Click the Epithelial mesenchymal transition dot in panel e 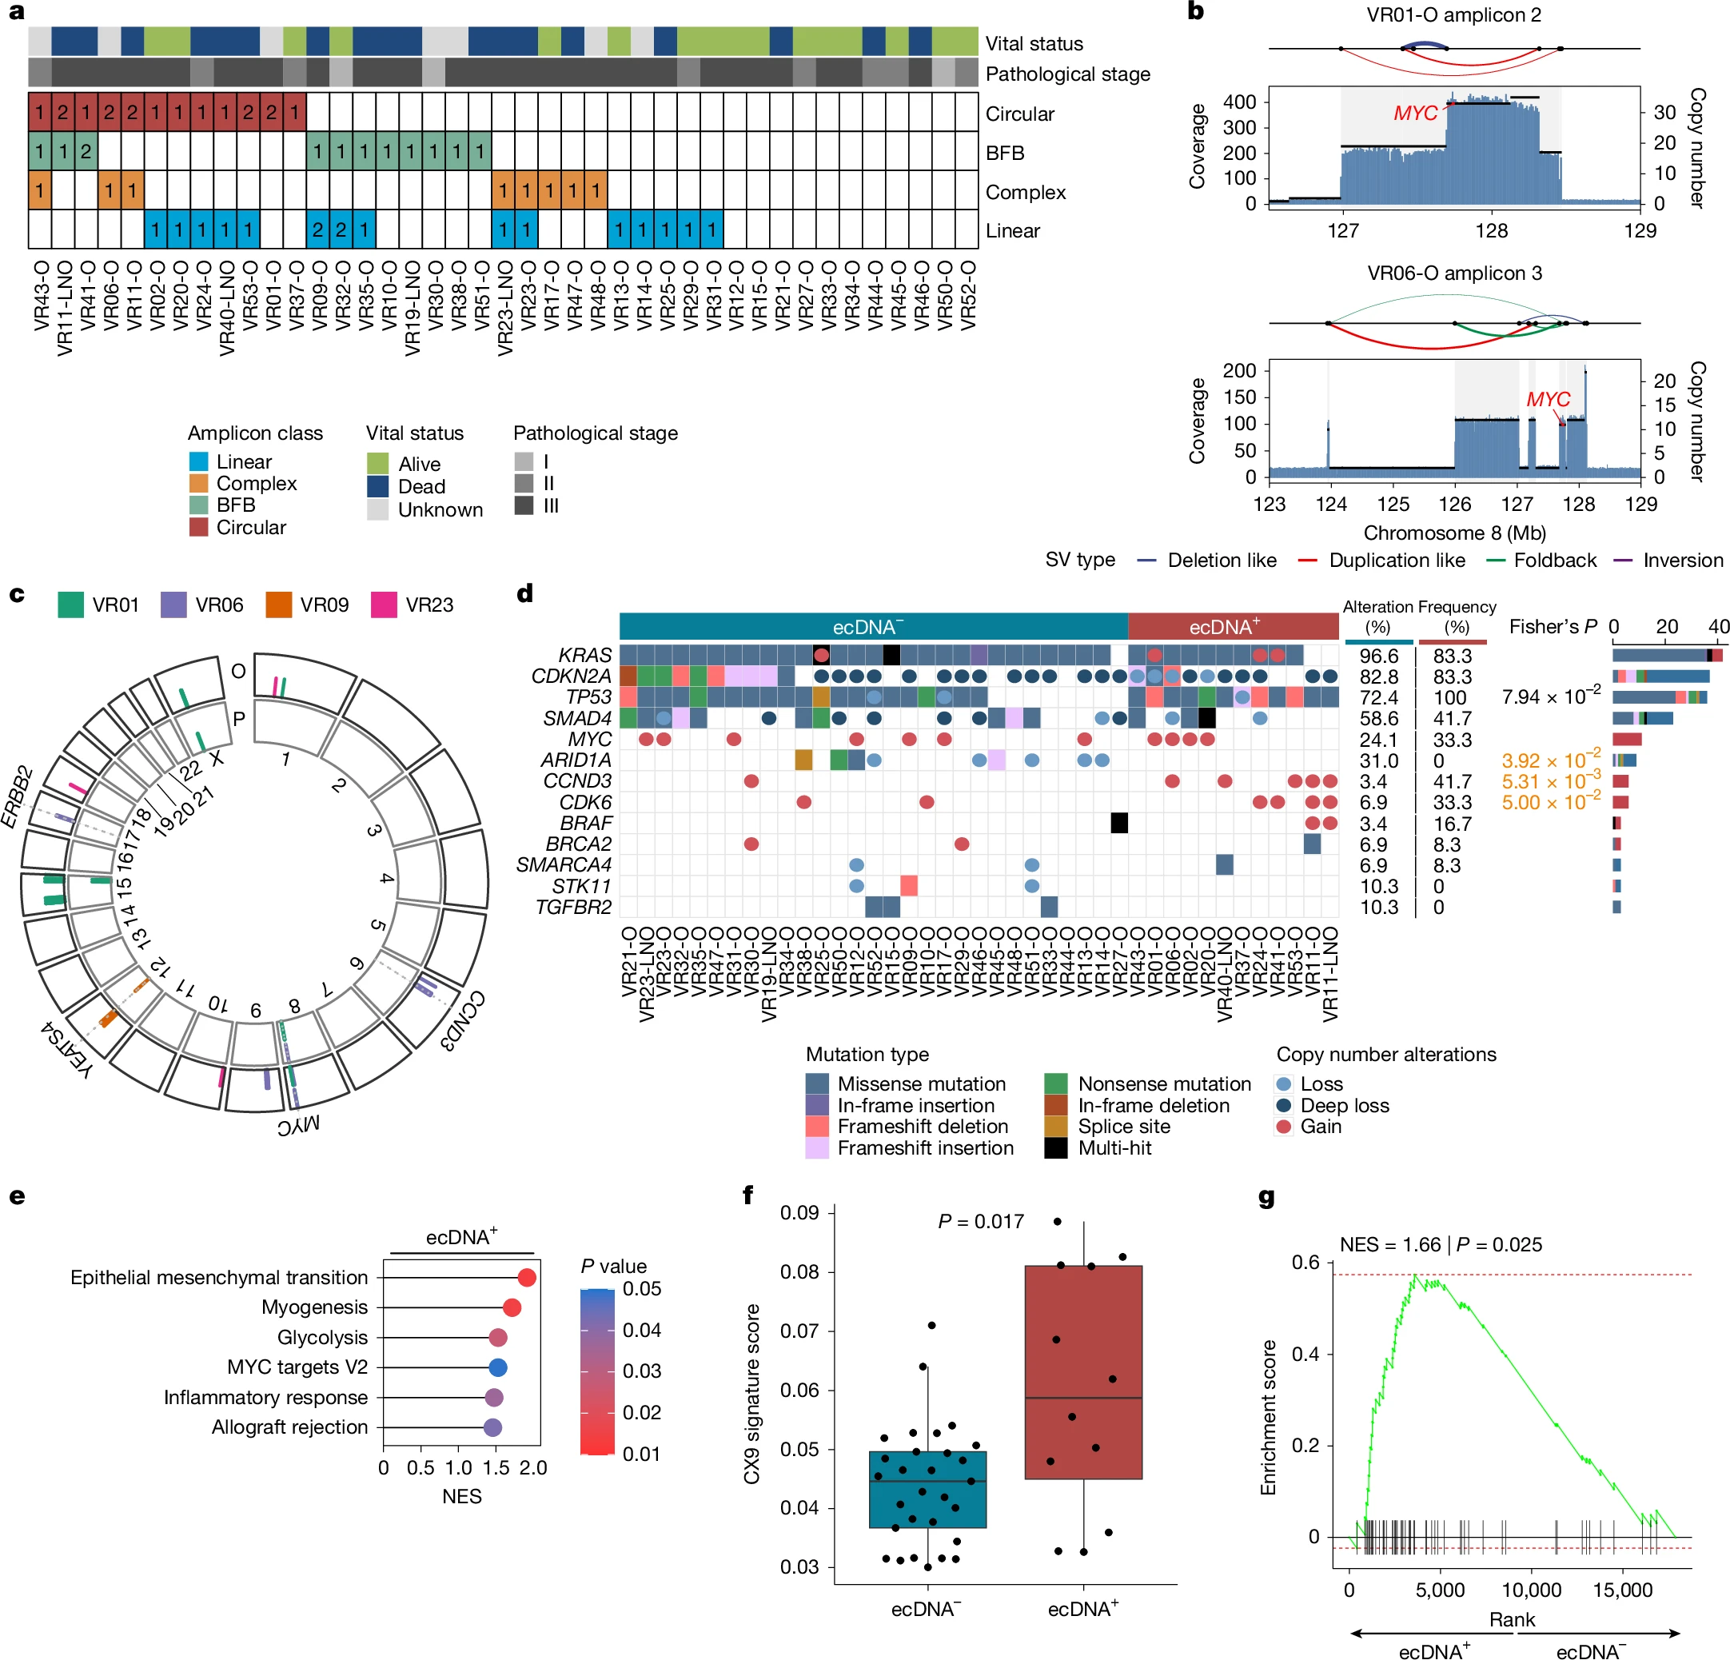(527, 1277)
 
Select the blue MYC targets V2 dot (498, 1367)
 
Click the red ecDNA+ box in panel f (1083, 1371)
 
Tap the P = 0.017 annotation (980, 1221)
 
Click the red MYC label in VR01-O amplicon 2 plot (1415, 113)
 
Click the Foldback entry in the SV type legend (1554, 560)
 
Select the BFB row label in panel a (1004, 153)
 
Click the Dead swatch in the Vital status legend (378, 486)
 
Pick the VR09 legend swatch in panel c (279, 605)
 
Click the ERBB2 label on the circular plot (17, 797)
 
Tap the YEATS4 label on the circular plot (66, 1048)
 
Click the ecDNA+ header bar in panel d (1232, 627)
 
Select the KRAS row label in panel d (584, 655)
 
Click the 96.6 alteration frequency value (1379, 656)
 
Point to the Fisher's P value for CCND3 (1550, 781)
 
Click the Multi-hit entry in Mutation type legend (1114, 1148)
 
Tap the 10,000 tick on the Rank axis (1532, 1590)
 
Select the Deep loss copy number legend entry (1343, 1106)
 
